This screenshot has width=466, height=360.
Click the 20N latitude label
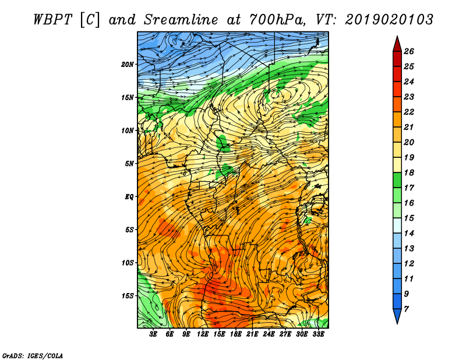click(128, 65)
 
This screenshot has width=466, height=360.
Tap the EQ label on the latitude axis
click(129, 197)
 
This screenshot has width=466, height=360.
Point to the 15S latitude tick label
click(128, 296)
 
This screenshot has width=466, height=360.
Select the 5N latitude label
click(129, 164)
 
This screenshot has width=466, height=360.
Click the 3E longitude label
click(153, 334)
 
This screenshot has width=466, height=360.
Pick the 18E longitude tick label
click(236, 334)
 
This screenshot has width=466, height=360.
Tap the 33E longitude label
click(318, 334)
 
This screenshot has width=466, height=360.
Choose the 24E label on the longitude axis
click(269, 334)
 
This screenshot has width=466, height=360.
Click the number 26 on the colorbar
click(409, 51)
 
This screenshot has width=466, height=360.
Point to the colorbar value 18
click(409, 172)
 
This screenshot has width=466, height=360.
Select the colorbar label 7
click(406, 309)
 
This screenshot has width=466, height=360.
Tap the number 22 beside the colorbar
click(409, 112)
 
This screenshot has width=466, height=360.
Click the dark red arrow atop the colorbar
click(397, 44)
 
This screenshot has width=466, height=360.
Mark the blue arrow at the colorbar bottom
click(397, 316)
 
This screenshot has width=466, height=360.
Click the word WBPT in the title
click(53, 20)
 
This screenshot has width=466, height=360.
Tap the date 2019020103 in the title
click(389, 20)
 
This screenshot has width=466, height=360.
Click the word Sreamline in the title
click(181, 20)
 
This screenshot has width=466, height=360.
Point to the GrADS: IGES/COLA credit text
click(33, 355)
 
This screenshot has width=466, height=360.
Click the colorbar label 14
click(409, 234)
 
